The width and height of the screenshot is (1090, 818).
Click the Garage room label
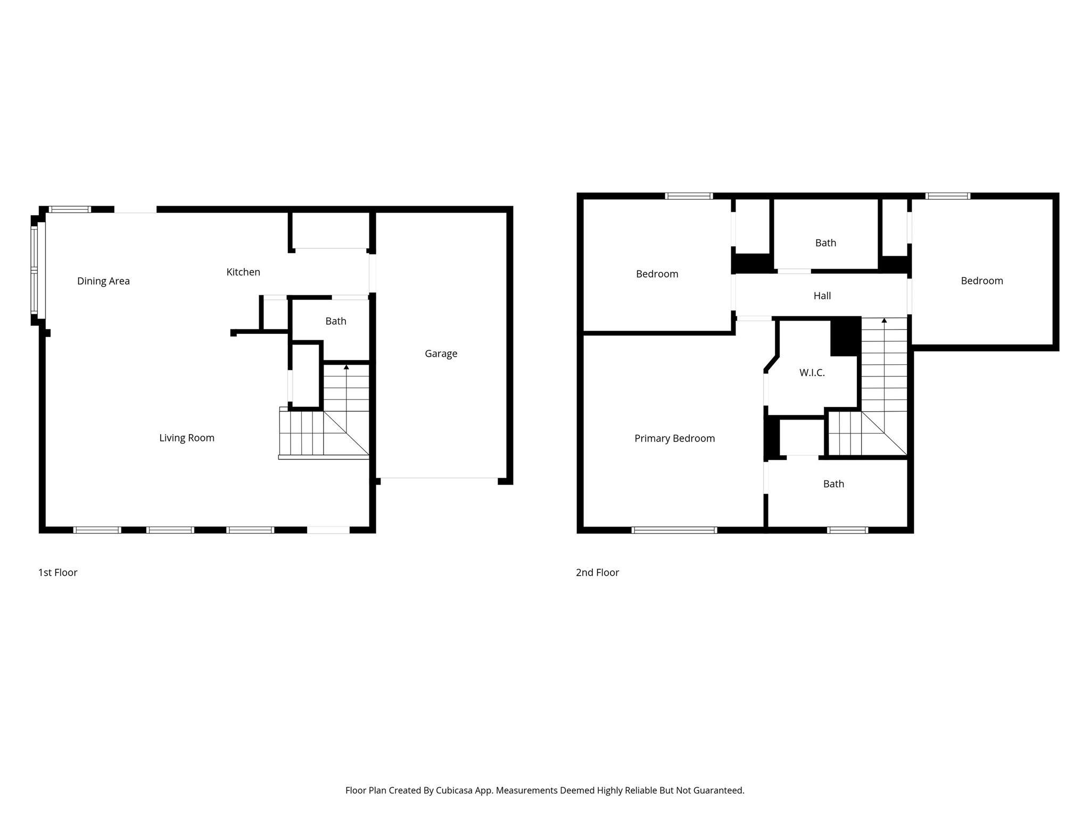point(441,354)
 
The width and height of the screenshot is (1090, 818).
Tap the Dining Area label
point(103,281)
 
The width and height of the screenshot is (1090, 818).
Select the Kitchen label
point(243,272)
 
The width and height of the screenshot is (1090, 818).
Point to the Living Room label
point(187,438)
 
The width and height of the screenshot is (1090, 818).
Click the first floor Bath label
point(336,321)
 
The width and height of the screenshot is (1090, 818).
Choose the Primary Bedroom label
point(674,438)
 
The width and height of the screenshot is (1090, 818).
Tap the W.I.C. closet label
point(812,373)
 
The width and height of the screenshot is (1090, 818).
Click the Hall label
point(822,296)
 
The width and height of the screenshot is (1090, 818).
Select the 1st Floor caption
point(57,572)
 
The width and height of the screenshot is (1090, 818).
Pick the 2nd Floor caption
point(597,572)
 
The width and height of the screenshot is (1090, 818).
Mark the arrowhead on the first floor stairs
point(346,367)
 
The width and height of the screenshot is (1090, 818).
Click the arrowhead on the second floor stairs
point(884,321)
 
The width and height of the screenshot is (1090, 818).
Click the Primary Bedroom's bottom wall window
point(674,530)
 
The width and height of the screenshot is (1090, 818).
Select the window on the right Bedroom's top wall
point(947,196)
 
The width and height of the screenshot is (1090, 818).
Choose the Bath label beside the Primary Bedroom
point(833,484)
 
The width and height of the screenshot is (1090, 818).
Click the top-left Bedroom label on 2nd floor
point(657,274)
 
